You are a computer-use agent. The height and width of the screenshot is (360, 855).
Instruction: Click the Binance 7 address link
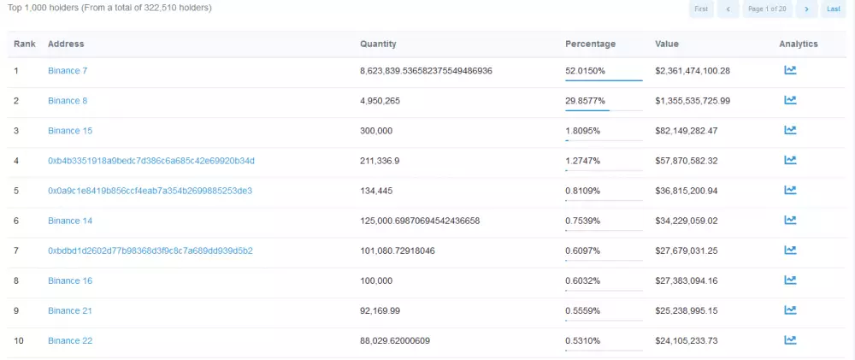[x=68, y=70]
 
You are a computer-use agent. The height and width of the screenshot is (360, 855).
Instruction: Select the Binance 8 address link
[x=68, y=101]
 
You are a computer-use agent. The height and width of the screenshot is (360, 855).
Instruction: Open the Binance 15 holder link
[x=70, y=131]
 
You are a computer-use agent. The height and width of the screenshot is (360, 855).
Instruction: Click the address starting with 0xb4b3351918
[x=150, y=161]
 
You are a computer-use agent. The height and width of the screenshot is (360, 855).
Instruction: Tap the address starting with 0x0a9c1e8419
[x=150, y=191]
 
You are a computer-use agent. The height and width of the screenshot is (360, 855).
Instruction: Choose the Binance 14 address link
[x=70, y=221]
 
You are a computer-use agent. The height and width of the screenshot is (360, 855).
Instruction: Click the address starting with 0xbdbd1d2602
[x=150, y=251]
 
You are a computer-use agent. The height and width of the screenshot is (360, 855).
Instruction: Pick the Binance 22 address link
[x=70, y=340]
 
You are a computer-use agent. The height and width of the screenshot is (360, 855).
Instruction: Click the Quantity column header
[x=378, y=44]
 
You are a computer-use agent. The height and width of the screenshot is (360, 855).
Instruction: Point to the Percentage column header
[x=590, y=44]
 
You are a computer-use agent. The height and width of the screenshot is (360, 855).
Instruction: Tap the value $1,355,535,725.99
[x=693, y=101]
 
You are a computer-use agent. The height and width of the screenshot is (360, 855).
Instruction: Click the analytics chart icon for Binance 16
[x=790, y=280]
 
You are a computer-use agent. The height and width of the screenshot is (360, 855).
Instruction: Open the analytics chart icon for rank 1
[x=790, y=70]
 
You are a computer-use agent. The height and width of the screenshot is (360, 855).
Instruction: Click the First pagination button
[x=701, y=9]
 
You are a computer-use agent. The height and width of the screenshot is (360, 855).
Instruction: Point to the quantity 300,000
[x=376, y=131]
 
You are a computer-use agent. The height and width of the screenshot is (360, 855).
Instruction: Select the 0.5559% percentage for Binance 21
[x=582, y=310]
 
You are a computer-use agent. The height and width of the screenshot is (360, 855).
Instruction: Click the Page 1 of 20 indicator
[x=766, y=9]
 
